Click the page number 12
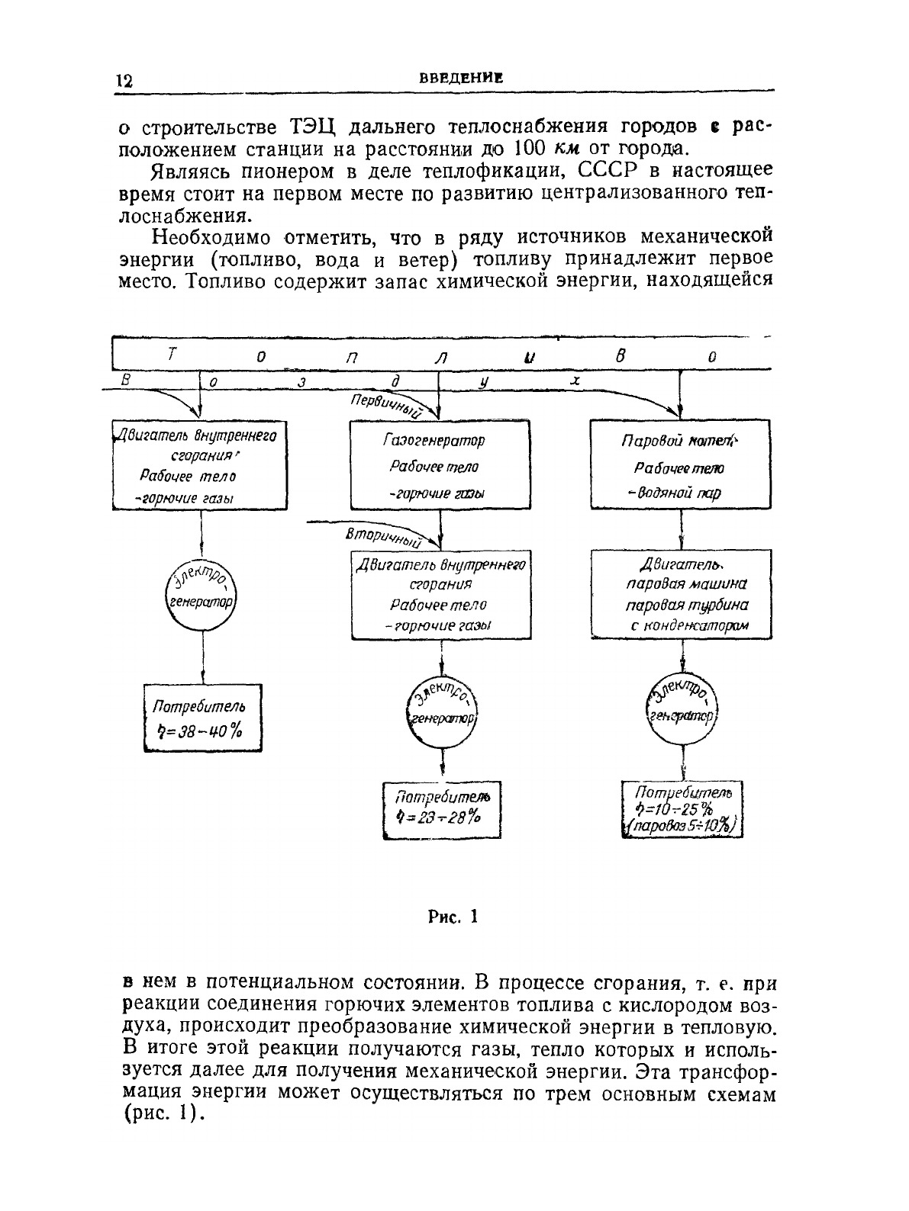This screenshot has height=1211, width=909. click(x=124, y=81)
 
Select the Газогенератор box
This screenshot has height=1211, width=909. click(x=439, y=465)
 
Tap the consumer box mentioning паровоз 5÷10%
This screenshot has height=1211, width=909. click(x=682, y=809)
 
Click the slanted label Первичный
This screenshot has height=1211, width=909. click(x=387, y=407)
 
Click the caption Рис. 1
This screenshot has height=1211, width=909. click(x=452, y=917)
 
